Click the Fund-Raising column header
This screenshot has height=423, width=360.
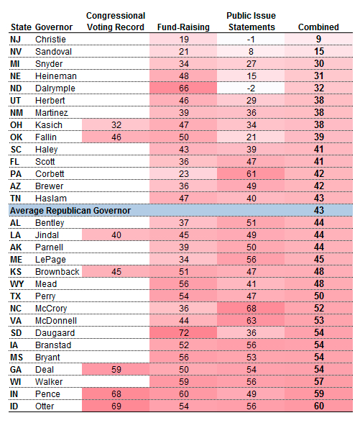pyautogui.click(x=183, y=27)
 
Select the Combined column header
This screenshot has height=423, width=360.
pyautogui.click(x=318, y=27)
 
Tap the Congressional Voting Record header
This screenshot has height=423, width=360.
pyautogui.click(x=116, y=22)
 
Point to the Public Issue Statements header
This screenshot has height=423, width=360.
pyautogui.click(x=251, y=22)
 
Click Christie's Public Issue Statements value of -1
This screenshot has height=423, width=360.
pyautogui.click(x=251, y=40)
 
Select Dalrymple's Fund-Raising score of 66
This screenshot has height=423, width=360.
pyautogui.click(x=184, y=88)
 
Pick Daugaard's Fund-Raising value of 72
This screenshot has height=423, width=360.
pyautogui.click(x=184, y=333)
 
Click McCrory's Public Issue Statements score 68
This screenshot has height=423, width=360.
pyautogui.click(x=251, y=309)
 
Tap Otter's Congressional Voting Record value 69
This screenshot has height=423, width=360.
pyautogui.click(x=116, y=406)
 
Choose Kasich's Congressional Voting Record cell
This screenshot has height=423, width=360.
pyautogui.click(x=116, y=125)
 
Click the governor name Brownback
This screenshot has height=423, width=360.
pyautogui.click(x=57, y=272)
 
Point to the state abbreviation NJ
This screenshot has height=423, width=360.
pyautogui.click(x=15, y=40)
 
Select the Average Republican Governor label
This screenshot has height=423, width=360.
pyautogui.click(x=70, y=210)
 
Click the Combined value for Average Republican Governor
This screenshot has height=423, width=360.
pyautogui.click(x=319, y=210)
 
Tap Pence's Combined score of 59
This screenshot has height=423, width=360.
pyautogui.click(x=319, y=394)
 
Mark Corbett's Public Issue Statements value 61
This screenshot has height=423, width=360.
pyautogui.click(x=251, y=174)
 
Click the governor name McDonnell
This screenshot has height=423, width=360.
pyautogui.click(x=56, y=321)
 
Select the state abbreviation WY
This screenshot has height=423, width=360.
pyautogui.click(x=17, y=284)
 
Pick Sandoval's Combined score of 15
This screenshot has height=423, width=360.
pyautogui.click(x=319, y=51)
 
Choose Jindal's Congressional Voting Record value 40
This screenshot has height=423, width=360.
pyautogui.click(x=116, y=235)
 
